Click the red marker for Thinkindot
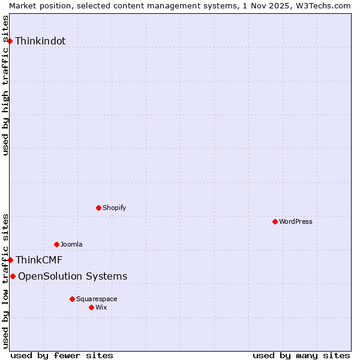click(10, 41)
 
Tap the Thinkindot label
click(40, 41)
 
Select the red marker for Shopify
click(99, 208)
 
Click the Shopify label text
click(114, 208)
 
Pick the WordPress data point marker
click(275, 221)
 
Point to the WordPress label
click(296, 221)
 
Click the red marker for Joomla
click(57, 244)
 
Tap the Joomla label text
click(71, 244)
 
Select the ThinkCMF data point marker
click(11, 260)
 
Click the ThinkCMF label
click(39, 260)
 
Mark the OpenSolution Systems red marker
click(13, 276)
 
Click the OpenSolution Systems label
click(73, 276)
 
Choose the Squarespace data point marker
click(73, 299)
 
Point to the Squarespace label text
click(97, 299)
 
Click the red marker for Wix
click(92, 307)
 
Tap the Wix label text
click(101, 307)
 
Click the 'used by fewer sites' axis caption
click(62, 355)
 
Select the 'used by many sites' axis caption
click(301, 355)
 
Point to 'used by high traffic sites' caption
click(5, 85)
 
